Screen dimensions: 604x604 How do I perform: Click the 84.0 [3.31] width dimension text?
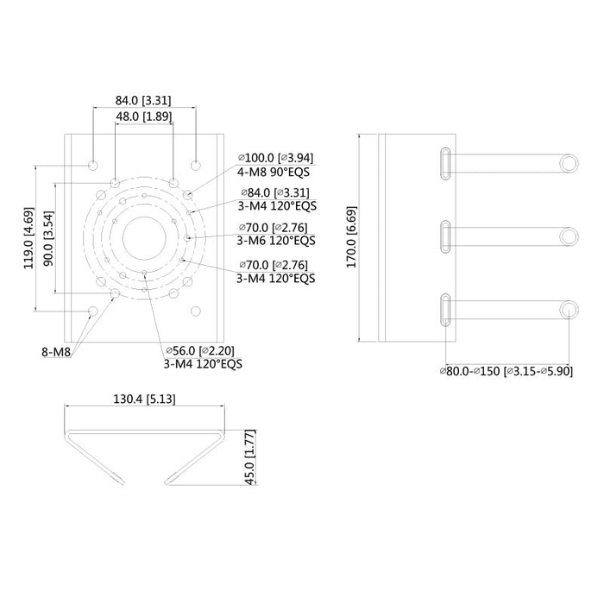point(144,101)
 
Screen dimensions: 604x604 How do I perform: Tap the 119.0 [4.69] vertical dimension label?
point(29,238)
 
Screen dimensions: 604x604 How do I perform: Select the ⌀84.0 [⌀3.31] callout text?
point(274,192)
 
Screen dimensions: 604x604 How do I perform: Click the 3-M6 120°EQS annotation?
point(275,241)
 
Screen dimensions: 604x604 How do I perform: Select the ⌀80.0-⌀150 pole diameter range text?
point(506,371)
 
